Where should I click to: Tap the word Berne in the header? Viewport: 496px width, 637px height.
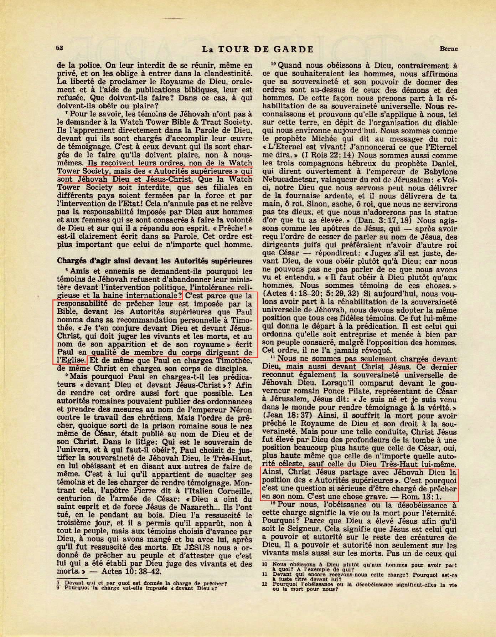[448, 49]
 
